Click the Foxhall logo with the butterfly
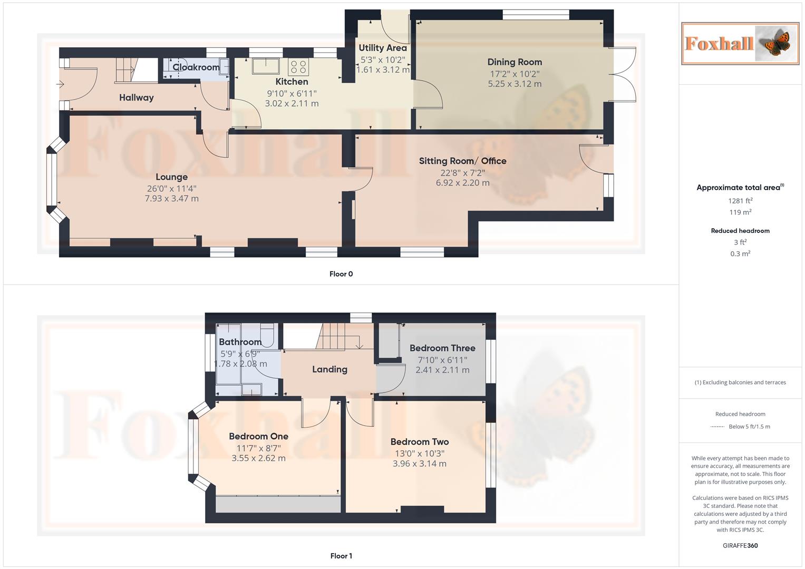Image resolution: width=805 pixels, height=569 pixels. click(740, 43)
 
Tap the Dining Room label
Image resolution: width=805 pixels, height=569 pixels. click(514, 62)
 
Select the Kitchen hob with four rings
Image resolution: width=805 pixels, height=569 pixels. click(298, 67)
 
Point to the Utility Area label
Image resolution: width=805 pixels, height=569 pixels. click(382, 48)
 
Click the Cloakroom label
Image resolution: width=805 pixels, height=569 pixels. click(196, 67)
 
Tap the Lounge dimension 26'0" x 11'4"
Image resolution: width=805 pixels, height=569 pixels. click(171, 189)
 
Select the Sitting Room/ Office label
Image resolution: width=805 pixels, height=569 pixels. click(462, 161)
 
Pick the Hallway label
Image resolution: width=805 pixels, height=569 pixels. click(136, 97)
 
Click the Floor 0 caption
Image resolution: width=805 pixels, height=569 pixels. click(341, 274)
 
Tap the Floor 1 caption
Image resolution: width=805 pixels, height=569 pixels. click(341, 556)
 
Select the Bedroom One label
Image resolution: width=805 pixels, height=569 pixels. click(258, 436)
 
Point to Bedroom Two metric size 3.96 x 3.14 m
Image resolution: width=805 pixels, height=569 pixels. click(419, 464)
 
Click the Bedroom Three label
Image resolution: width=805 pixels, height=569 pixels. click(442, 348)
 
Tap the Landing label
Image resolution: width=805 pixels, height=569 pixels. click(329, 369)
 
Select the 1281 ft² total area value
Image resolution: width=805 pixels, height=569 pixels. click(740, 201)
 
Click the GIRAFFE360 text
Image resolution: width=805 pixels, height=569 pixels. click(740, 545)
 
